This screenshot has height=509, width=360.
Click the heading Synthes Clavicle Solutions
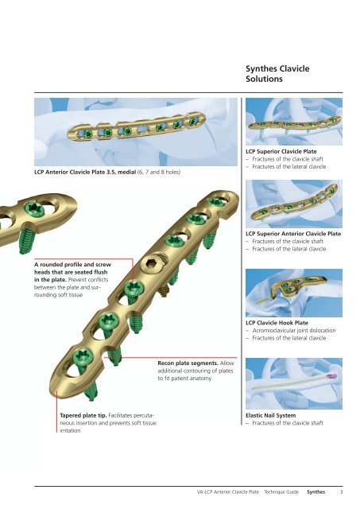[277, 74]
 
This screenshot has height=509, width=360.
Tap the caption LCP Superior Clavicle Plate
[281, 151]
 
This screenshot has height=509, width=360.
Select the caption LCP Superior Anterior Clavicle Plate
[293, 233]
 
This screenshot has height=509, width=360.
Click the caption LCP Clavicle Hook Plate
[277, 323]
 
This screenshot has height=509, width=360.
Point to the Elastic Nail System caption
[270, 415]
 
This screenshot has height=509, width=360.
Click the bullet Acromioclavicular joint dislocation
[294, 330]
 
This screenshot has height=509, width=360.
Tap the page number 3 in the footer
[341, 492]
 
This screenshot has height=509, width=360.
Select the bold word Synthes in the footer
[315, 492]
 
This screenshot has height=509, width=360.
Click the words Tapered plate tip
[83, 415]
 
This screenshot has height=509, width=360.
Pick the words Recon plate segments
[188, 363]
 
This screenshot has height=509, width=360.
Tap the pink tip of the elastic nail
[332, 377]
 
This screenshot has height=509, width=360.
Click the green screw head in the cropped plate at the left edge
[35, 208]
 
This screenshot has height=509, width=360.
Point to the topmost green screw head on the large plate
[215, 201]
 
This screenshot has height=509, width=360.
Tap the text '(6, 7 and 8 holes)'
[159, 172]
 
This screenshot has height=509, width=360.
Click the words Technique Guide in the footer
[281, 492]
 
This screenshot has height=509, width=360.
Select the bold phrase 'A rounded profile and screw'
[72, 265]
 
